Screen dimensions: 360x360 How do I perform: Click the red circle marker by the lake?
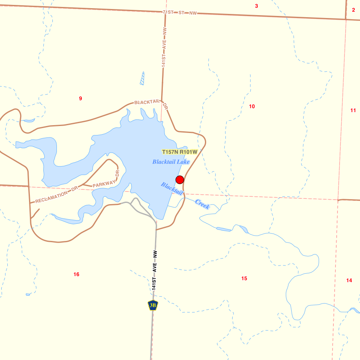180,180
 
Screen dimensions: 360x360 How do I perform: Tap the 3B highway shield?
153,305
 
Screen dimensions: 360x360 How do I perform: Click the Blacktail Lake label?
171,162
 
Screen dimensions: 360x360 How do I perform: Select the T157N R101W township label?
180,152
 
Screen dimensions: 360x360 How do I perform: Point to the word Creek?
202,204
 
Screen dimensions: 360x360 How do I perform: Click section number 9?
81,99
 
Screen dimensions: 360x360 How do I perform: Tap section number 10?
252,106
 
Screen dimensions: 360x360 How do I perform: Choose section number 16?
76,274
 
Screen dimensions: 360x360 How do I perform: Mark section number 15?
244,279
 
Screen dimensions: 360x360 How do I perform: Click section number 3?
256,6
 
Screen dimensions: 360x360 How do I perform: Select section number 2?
353,10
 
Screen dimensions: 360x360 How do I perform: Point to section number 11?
353,110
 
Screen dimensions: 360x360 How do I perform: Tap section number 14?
349,280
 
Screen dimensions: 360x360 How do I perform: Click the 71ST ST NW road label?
180,13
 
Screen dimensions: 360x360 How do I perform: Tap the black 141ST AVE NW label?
154,270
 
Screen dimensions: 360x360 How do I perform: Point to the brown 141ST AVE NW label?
164,47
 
